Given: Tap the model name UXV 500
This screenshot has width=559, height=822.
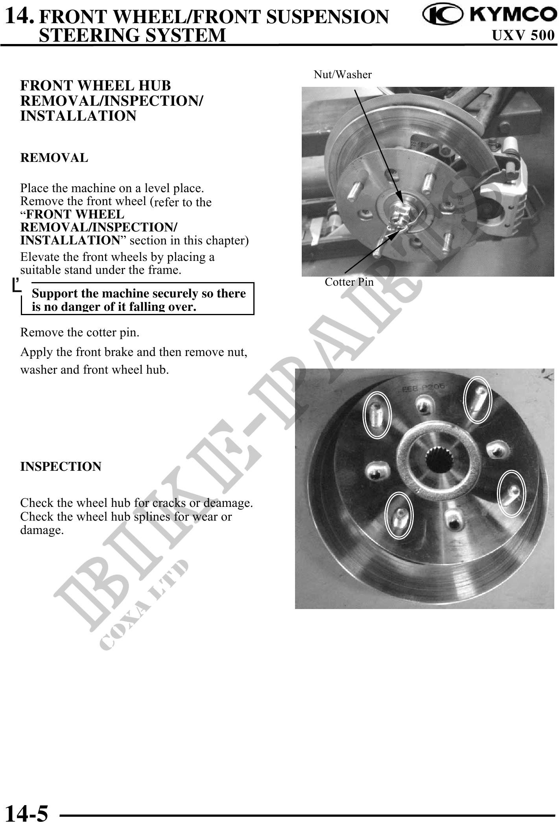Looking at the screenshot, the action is click(x=524, y=36).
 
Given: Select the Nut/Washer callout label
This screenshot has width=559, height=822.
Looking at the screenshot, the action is click(x=343, y=74).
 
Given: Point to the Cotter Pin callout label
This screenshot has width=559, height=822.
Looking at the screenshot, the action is click(x=349, y=282).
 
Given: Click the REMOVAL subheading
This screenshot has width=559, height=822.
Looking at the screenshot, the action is click(x=54, y=158).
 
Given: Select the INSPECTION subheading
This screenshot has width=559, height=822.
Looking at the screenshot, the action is click(x=61, y=467).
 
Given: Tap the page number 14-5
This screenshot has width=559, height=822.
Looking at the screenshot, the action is click(x=27, y=812).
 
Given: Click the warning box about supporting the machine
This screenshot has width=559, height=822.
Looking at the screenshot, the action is click(x=138, y=299).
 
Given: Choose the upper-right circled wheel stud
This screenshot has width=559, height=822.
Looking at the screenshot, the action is click(x=478, y=399).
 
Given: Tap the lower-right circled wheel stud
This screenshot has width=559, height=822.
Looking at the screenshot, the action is click(x=512, y=493).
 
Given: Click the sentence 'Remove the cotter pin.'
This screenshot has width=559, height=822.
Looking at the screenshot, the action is click(x=80, y=333).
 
